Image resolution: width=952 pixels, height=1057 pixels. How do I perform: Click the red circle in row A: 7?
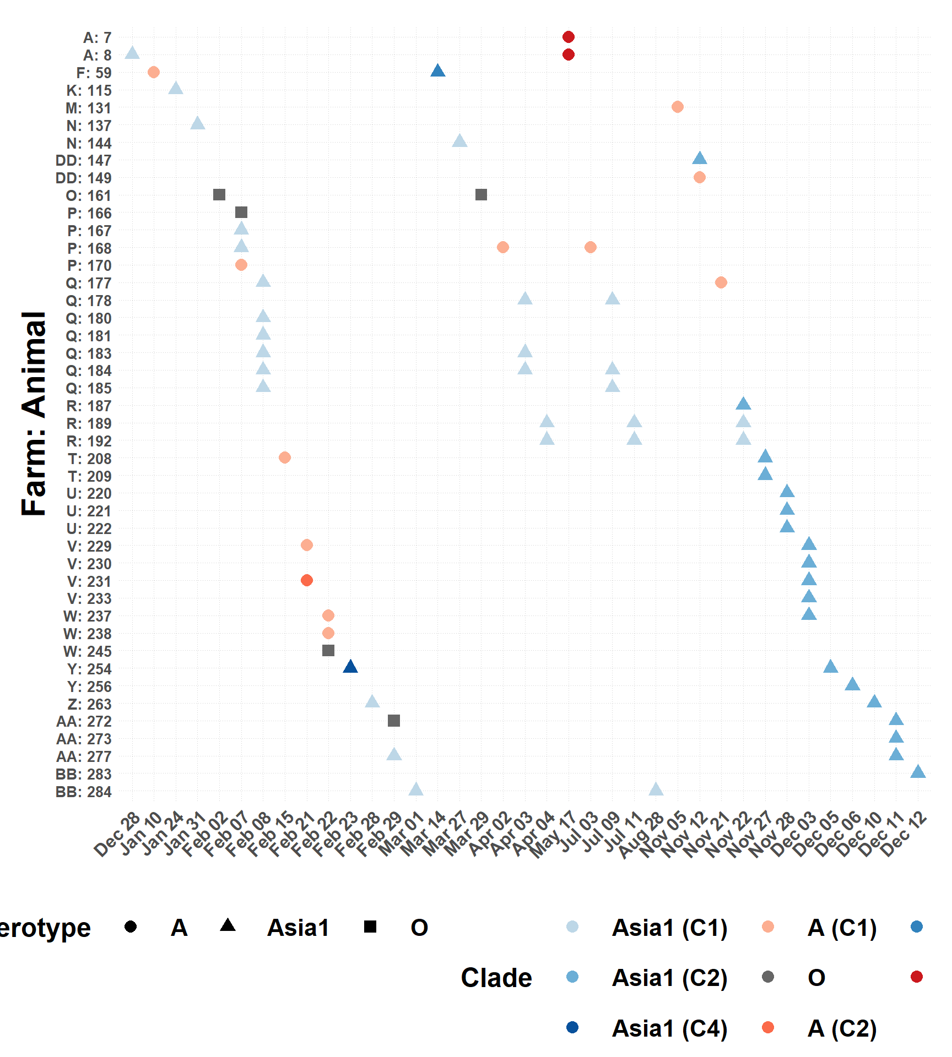569,37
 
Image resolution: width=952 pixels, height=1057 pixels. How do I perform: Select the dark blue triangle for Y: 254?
350,667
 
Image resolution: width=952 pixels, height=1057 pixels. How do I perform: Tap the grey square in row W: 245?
328,651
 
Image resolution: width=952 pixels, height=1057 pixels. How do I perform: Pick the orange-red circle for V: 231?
307,580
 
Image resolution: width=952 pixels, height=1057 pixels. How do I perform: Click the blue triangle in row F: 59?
438,71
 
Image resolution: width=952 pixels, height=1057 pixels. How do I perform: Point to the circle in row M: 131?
678,107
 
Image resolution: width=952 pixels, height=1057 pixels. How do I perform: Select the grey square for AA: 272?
394,721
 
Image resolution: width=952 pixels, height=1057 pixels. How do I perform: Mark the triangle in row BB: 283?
918,772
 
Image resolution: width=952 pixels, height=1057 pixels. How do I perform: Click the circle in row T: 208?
285,457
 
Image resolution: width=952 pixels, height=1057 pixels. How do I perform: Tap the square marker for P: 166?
241,213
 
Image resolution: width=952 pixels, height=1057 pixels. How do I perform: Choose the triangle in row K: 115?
176,89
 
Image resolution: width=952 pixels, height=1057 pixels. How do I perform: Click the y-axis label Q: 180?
89,319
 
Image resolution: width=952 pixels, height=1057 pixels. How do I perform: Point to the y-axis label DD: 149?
84,178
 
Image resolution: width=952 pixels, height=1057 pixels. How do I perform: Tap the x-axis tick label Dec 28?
117,835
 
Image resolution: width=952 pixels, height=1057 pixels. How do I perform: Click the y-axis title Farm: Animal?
34,413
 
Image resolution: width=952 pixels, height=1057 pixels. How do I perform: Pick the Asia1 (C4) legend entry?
669,1028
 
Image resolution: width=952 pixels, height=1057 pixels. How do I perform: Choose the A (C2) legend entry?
842,1028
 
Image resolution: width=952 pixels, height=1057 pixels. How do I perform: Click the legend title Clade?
496,978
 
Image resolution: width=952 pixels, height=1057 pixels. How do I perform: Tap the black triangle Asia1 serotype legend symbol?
228,925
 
